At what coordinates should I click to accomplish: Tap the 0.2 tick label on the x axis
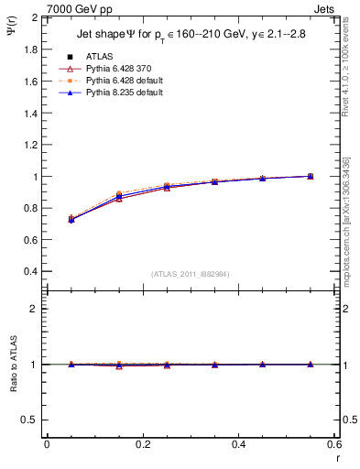pos(142,443)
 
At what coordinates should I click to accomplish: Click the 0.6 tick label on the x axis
pos(333,443)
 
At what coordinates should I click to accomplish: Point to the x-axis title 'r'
pos(336,456)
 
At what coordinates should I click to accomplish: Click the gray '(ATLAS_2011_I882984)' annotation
pos(190,273)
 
